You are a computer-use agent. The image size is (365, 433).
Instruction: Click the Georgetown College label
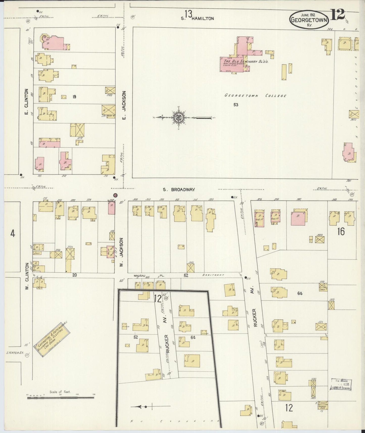coord(255,96)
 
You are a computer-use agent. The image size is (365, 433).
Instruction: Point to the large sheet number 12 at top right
coord(337,15)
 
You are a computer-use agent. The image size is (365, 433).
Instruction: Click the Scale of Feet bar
coord(61,398)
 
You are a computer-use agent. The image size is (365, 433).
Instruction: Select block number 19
coord(74,97)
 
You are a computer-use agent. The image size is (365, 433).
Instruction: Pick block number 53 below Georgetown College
coord(235,105)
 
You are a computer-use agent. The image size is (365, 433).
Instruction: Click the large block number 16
coord(341,231)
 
